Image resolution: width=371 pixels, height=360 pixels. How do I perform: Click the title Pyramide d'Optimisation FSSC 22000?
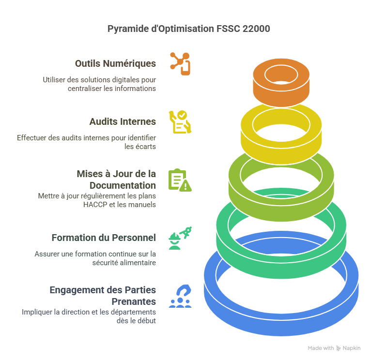click(x=188, y=29)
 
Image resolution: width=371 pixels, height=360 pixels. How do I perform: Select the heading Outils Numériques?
click(x=115, y=63)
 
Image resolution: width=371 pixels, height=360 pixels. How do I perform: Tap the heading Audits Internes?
click(x=123, y=121)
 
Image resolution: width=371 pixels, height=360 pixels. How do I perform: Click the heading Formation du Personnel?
click(x=104, y=238)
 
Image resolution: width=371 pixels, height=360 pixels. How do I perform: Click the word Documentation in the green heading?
click(x=123, y=185)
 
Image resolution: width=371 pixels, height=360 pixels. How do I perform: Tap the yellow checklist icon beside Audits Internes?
click(x=179, y=122)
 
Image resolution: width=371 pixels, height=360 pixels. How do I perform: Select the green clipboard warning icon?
click(x=180, y=180)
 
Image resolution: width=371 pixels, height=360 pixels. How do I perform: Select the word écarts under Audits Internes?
click(x=146, y=147)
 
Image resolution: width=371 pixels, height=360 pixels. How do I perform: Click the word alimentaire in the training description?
click(x=138, y=263)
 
